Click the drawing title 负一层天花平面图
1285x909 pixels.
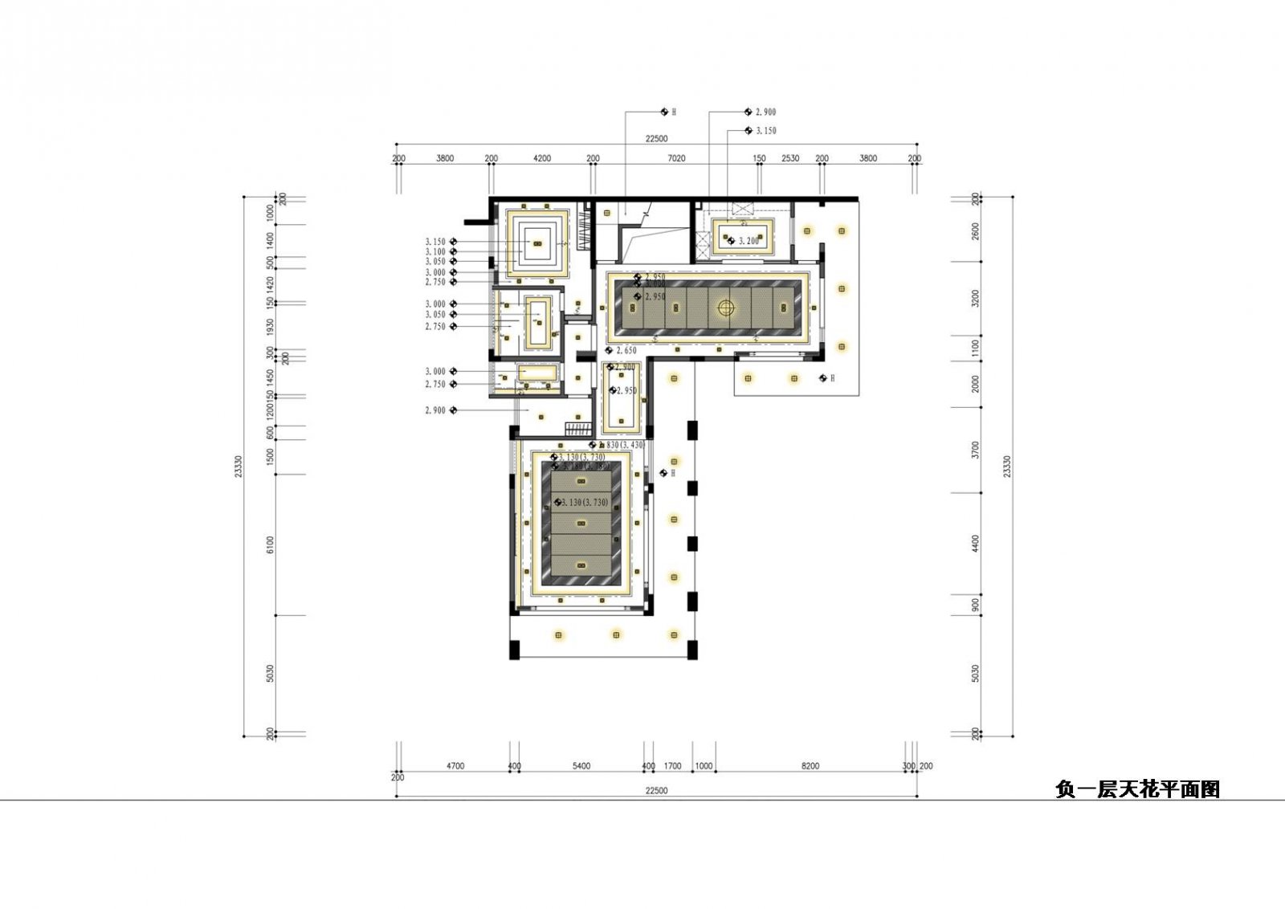[1137, 790]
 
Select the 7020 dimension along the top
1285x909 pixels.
[676, 159]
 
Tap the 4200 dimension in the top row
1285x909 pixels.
[542, 159]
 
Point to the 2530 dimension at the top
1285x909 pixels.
[790, 159]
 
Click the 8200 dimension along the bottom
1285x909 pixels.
[810, 766]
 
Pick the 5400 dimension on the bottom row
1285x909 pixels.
[581, 766]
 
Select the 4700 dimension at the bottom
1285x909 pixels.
[455, 766]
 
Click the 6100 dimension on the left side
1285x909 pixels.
[271, 544]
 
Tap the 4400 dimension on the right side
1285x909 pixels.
[976, 543]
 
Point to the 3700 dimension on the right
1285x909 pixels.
[976, 450]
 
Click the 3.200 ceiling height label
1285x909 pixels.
[749, 241]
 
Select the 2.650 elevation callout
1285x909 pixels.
[626, 351]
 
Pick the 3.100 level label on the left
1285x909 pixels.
[434, 251]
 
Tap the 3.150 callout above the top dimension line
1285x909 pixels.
[765, 131]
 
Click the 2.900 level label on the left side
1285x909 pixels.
[434, 410]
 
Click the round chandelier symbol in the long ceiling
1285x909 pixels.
[726, 308]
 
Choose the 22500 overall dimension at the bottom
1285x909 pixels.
[656, 791]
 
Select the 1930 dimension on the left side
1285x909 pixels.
[271, 327]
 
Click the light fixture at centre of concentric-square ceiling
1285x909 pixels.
[537, 244]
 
